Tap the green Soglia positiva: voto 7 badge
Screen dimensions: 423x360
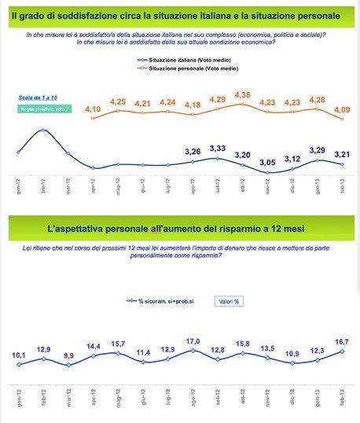point(45,108)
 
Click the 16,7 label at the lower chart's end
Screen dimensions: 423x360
point(342,342)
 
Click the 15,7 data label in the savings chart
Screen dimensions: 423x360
point(118,344)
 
